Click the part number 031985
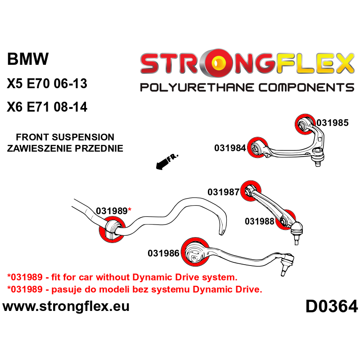pyautogui.click(x=332, y=122)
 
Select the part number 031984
pyautogui.click(x=230, y=148)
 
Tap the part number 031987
pyautogui.click(x=223, y=192)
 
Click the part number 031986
pyautogui.click(x=163, y=254)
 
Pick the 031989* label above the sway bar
pyautogui.click(x=113, y=211)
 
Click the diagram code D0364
pyautogui.click(x=332, y=307)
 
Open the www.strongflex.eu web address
pyautogui.click(x=66, y=306)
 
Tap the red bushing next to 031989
pyautogui.click(x=111, y=229)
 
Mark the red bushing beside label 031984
pyautogui.click(x=258, y=147)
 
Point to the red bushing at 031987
pyautogui.click(x=251, y=191)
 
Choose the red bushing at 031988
pyautogui.click(x=285, y=220)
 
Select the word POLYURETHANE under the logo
pyautogui.click(x=189, y=87)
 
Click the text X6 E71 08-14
pyautogui.click(x=47, y=108)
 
